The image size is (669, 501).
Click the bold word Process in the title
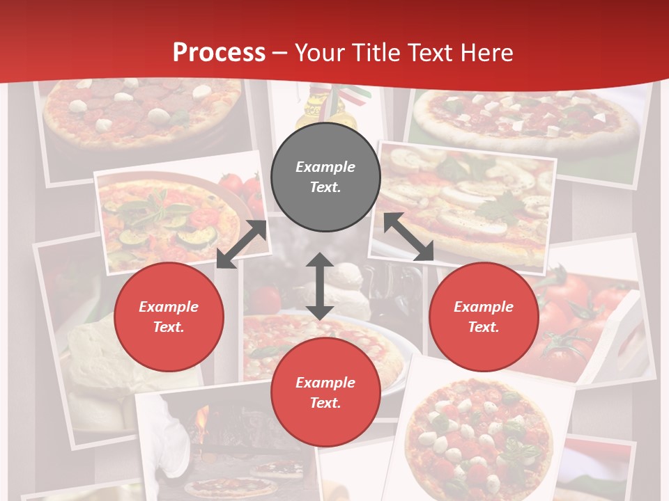tap(219, 53)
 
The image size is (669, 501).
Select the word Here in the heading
tap(486, 53)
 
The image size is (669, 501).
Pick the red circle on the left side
tap(169, 317)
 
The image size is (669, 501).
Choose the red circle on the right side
tap(484, 317)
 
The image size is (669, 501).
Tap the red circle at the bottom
tap(325, 392)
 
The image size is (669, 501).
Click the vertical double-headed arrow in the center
tap(320, 286)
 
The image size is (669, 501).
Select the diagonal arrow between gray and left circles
tap(242, 244)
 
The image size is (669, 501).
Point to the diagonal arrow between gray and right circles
tap(409, 237)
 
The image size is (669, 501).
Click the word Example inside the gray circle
tap(325, 167)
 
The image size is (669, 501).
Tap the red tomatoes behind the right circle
tap(571, 313)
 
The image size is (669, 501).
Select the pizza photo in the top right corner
tap(530, 118)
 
